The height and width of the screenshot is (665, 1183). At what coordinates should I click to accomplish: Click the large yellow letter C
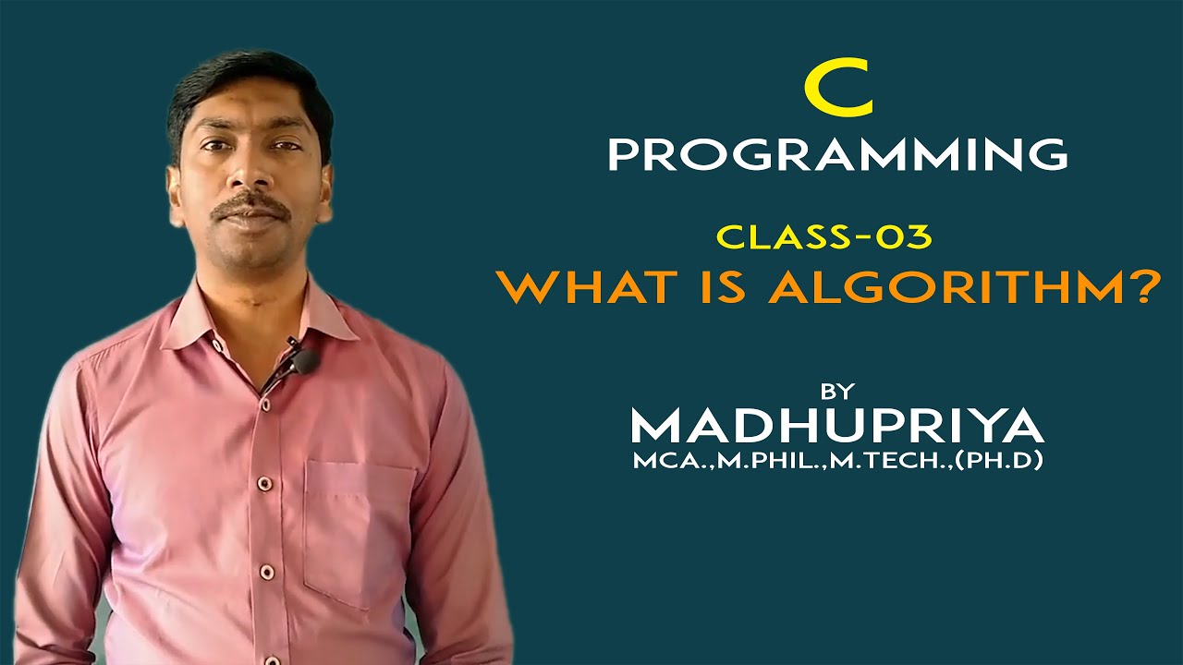[x=837, y=93]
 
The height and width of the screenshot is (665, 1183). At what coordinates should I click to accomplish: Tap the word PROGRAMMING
[x=837, y=154]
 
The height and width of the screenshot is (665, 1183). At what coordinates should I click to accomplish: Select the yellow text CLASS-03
[x=825, y=236]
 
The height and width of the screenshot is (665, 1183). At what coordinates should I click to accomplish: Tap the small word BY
[x=837, y=390]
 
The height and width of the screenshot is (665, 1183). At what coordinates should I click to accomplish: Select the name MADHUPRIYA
[x=837, y=427]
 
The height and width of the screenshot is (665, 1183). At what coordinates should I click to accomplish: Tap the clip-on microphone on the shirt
[x=301, y=360]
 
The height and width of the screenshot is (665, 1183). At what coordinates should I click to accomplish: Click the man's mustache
[x=250, y=207]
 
